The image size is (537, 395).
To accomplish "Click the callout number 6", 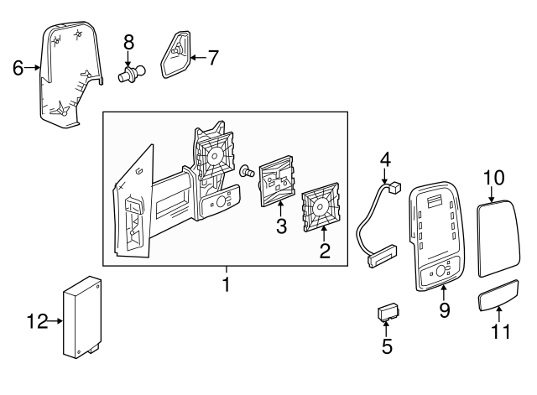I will [x=18, y=68].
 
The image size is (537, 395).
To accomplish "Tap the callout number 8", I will [x=128, y=41].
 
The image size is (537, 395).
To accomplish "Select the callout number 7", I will [x=213, y=58].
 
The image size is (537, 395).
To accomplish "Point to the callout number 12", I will [x=34, y=320].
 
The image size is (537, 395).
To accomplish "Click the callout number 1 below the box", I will [x=226, y=286].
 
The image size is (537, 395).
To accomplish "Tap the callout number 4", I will [x=385, y=157].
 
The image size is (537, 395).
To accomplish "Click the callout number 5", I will [x=386, y=345].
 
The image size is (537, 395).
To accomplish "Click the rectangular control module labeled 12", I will [x=82, y=317].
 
